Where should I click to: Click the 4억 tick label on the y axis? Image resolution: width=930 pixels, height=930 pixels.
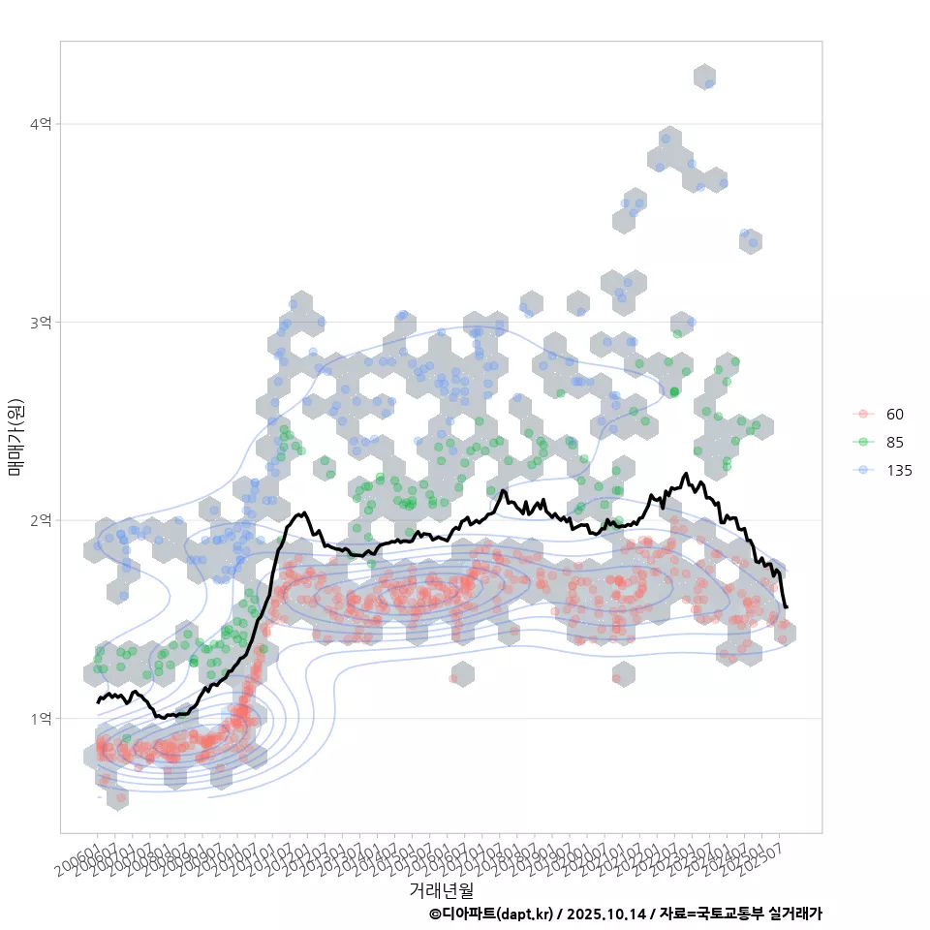[x=41, y=124]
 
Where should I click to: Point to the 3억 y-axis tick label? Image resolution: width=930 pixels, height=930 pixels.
[x=41, y=322]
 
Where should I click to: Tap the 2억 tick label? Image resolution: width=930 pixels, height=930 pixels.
[x=41, y=520]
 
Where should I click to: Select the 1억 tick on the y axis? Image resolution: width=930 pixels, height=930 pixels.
[x=41, y=719]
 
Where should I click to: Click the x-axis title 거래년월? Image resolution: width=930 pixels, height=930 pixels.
[x=441, y=889]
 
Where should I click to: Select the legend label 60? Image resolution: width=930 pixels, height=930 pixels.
[x=895, y=415]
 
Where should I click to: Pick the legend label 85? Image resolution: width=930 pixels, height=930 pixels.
[x=895, y=443]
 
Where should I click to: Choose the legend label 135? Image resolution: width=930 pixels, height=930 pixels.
[x=899, y=471]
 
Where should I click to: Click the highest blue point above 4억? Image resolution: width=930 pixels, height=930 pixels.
[x=709, y=84]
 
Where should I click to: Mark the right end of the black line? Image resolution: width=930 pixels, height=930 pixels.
[x=786, y=607]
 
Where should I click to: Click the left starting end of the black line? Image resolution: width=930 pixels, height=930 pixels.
[x=98, y=701]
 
